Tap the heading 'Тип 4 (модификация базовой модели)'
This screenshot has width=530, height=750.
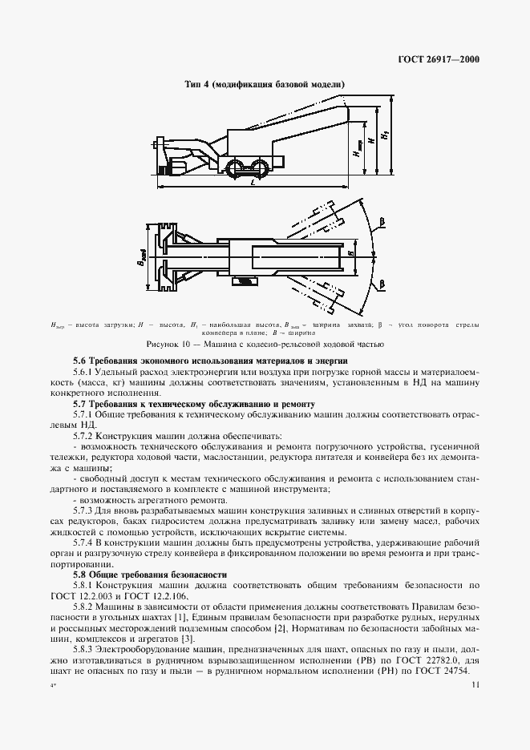(x=265, y=84)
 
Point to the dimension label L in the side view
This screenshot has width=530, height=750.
(x=253, y=183)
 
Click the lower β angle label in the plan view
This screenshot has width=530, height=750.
(x=383, y=283)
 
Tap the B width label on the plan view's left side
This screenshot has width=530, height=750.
(x=140, y=258)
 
